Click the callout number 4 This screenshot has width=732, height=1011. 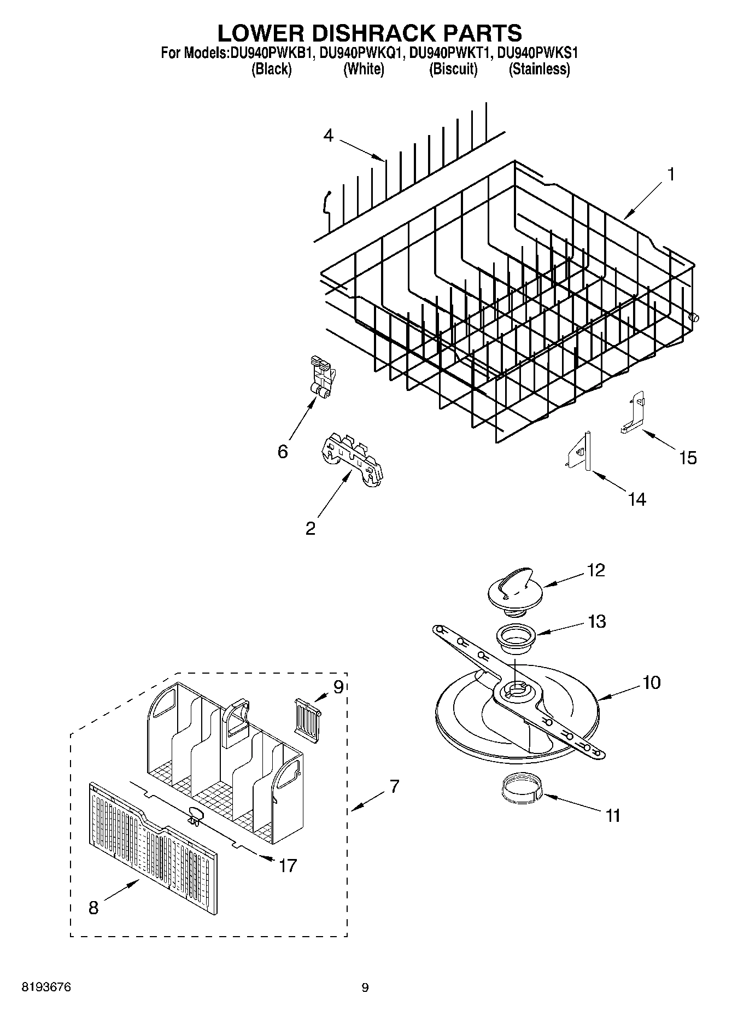pos(328,135)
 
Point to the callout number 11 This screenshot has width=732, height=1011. pos(613,815)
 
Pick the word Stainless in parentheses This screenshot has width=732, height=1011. pos(540,69)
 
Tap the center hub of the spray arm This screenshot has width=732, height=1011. pos(514,690)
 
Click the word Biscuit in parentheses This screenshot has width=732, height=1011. pos(453,69)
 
